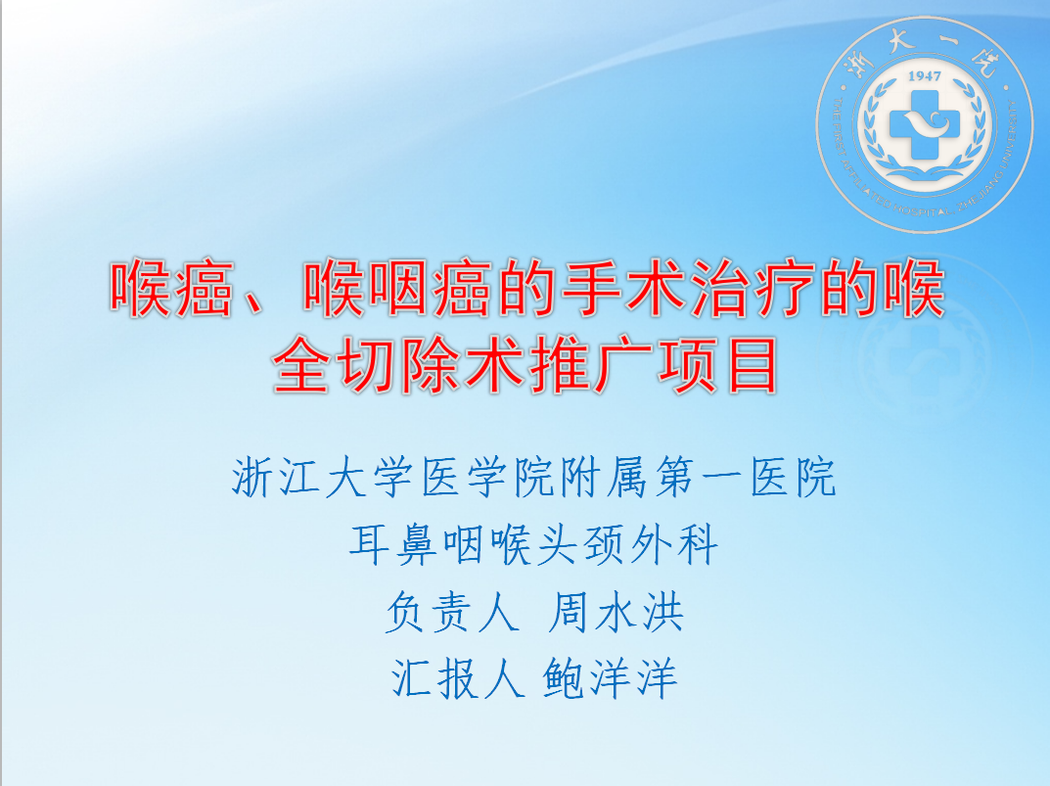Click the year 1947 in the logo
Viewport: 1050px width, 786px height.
coord(924,76)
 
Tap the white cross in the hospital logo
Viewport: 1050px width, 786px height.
coord(924,125)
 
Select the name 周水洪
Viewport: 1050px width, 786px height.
coord(616,613)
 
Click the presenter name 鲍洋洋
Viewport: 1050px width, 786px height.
coord(610,678)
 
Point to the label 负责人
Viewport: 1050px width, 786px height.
coord(453,613)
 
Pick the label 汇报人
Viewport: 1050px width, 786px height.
coord(457,678)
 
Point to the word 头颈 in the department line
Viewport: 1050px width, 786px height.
coord(580,545)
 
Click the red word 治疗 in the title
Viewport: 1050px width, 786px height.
coord(753,290)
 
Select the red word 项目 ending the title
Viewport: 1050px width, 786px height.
coord(718,366)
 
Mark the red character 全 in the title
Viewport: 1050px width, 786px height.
coord(301,366)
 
